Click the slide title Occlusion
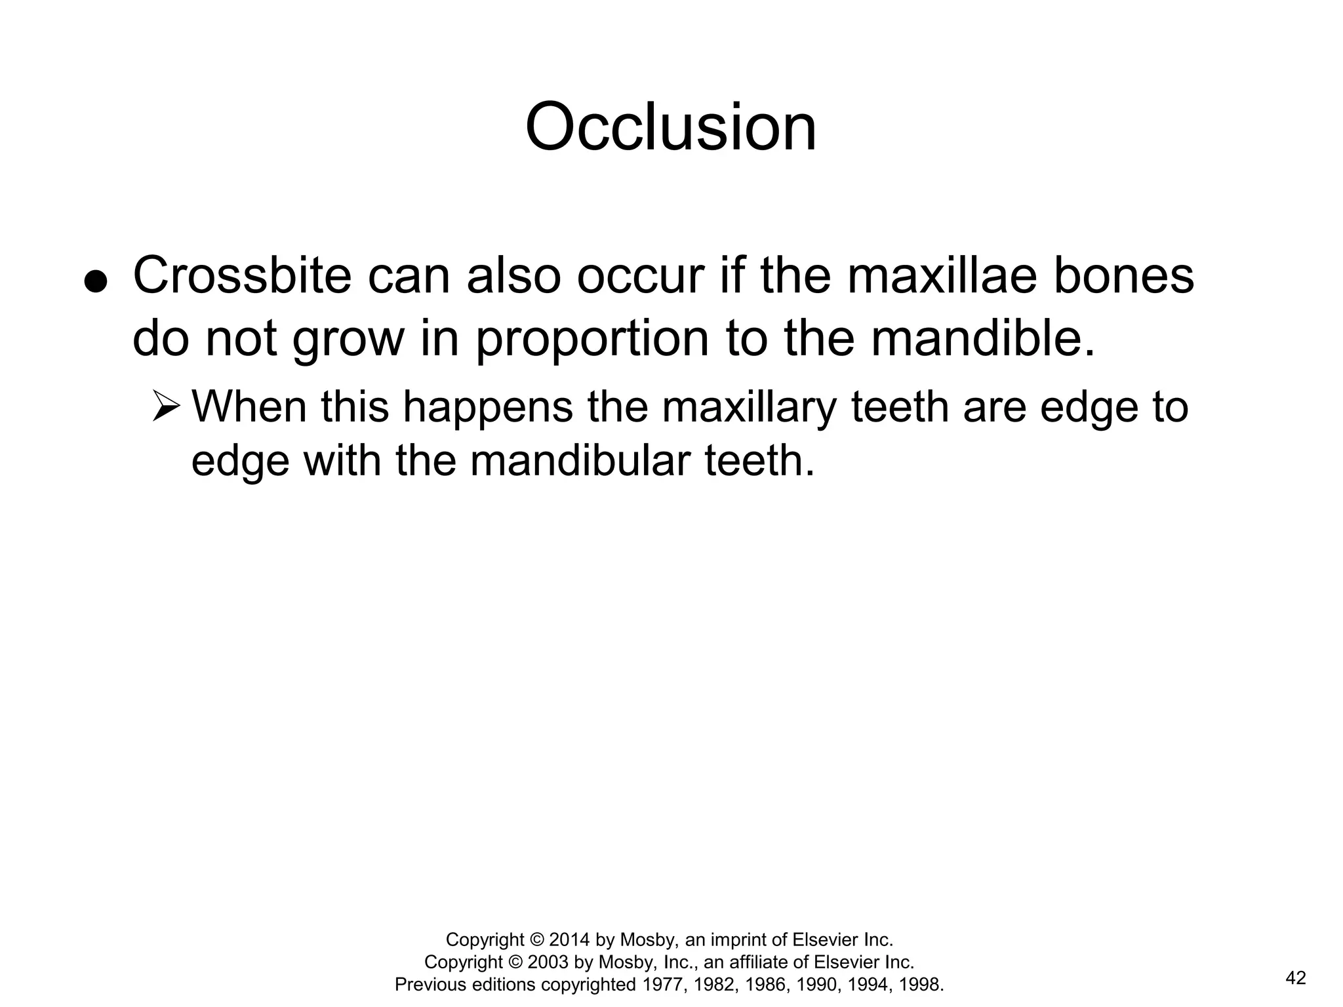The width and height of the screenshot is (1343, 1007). click(671, 127)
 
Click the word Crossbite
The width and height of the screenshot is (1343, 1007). click(242, 276)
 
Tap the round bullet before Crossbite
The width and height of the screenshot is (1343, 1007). click(96, 282)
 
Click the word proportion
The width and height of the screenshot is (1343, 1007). click(592, 340)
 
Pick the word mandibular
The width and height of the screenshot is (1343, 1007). click(580, 460)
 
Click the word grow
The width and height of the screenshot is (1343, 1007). click(348, 340)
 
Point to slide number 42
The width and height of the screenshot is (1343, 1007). click(1296, 978)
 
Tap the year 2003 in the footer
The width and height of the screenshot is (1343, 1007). click(548, 962)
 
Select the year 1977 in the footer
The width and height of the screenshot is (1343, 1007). click(663, 984)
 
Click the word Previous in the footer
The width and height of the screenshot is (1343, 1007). click(430, 984)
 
